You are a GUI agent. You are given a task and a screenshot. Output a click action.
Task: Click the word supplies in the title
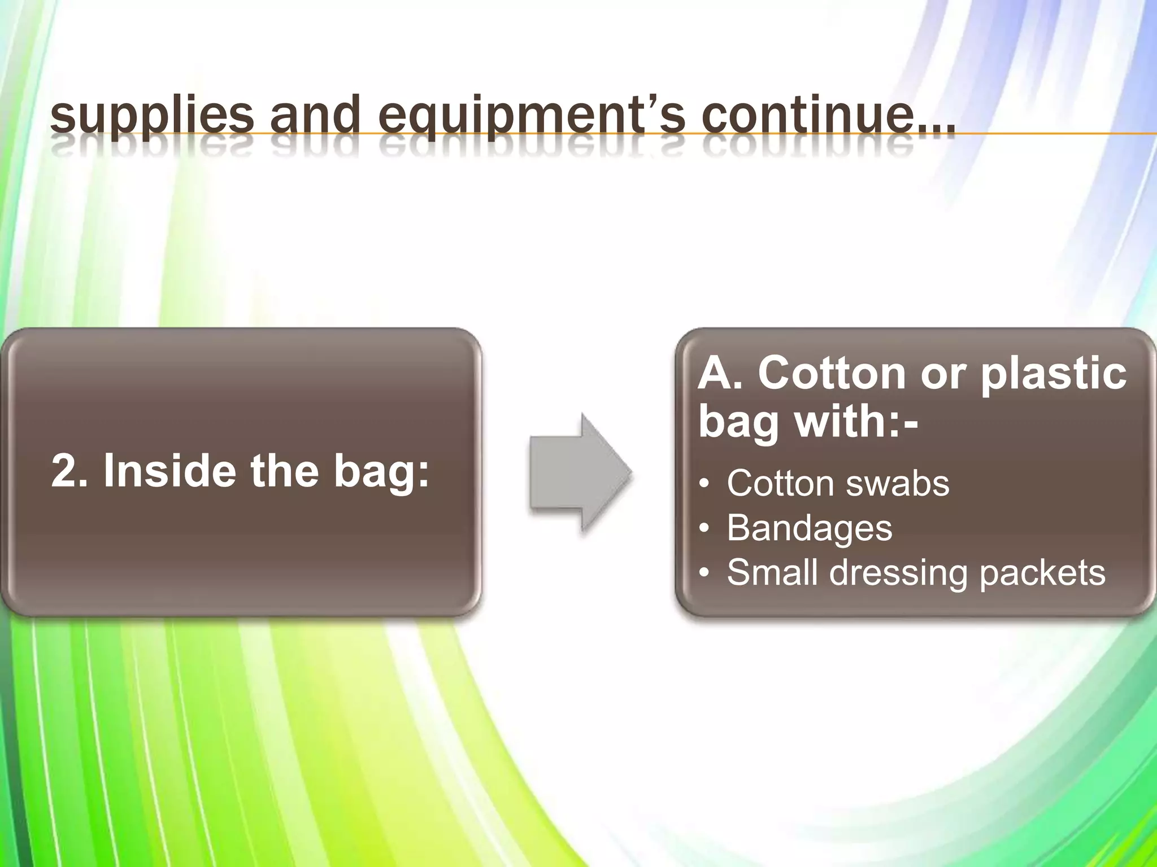(x=151, y=117)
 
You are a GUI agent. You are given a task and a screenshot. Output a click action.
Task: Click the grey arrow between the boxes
(x=580, y=472)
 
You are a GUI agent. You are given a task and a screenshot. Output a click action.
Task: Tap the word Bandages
(x=809, y=528)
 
